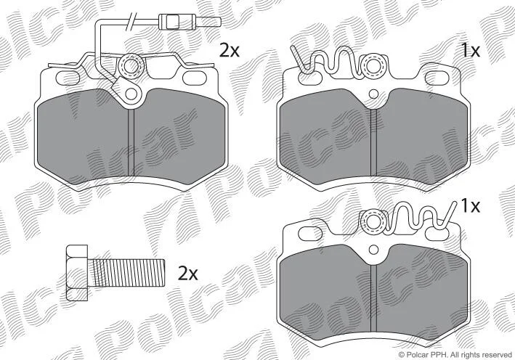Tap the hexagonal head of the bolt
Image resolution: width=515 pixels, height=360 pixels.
[77, 272]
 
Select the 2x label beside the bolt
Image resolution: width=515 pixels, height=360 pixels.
[188, 273]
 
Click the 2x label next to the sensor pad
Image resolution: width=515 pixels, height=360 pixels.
[230, 51]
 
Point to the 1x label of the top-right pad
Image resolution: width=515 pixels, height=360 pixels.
[471, 51]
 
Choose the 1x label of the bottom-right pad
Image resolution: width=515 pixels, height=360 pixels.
[471, 206]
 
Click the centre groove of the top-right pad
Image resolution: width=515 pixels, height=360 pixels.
[373, 142]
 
